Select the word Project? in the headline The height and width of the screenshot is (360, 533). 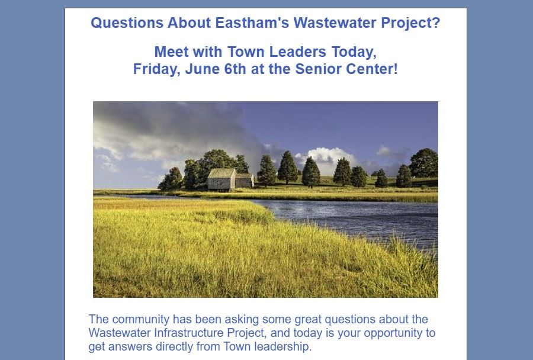pos(410,24)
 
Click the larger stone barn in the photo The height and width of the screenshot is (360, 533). pos(221,179)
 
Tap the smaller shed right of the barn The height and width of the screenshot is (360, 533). pos(245,181)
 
